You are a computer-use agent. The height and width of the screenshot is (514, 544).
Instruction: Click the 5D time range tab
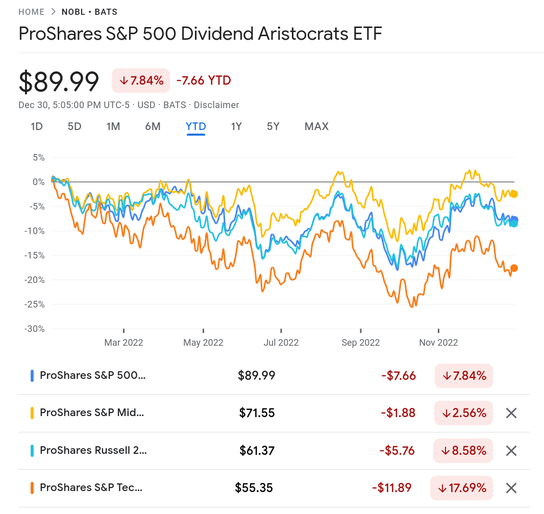click(x=75, y=126)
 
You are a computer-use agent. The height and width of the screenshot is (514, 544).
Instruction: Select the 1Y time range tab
click(x=236, y=126)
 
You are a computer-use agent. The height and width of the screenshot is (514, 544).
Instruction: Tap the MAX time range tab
click(x=316, y=126)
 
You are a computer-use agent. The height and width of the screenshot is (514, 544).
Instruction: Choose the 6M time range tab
click(x=153, y=126)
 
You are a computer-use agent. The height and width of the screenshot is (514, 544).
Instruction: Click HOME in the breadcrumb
click(x=31, y=12)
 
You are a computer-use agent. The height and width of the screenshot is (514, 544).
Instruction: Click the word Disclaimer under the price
click(x=216, y=105)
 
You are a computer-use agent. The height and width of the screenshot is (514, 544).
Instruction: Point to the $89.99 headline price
click(x=59, y=82)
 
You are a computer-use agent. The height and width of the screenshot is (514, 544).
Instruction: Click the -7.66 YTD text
click(x=204, y=81)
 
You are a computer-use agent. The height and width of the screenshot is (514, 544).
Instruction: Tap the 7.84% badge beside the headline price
click(x=141, y=81)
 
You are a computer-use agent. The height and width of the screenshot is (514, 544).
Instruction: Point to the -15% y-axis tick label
click(x=35, y=255)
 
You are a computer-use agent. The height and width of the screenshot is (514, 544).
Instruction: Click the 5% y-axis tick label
click(x=39, y=158)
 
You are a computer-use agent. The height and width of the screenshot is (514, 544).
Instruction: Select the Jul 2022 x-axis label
click(x=281, y=342)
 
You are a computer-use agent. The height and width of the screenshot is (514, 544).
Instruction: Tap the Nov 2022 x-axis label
click(x=438, y=342)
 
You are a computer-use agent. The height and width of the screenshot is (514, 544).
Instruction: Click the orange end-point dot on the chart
click(x=514, y=268)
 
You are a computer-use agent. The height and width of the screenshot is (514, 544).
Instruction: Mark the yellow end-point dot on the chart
click(x=514, y=194)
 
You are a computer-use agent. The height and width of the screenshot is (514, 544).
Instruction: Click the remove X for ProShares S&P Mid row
click(x=511, y=413)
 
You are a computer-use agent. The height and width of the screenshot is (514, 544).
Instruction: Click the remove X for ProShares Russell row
click(x=511, y=451)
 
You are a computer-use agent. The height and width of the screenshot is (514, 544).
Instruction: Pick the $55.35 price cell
click(x=254, y=488)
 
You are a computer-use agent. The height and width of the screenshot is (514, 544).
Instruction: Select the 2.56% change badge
click(x=463, y=413)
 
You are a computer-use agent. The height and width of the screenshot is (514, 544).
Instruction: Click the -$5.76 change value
click(x=397, y=451)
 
